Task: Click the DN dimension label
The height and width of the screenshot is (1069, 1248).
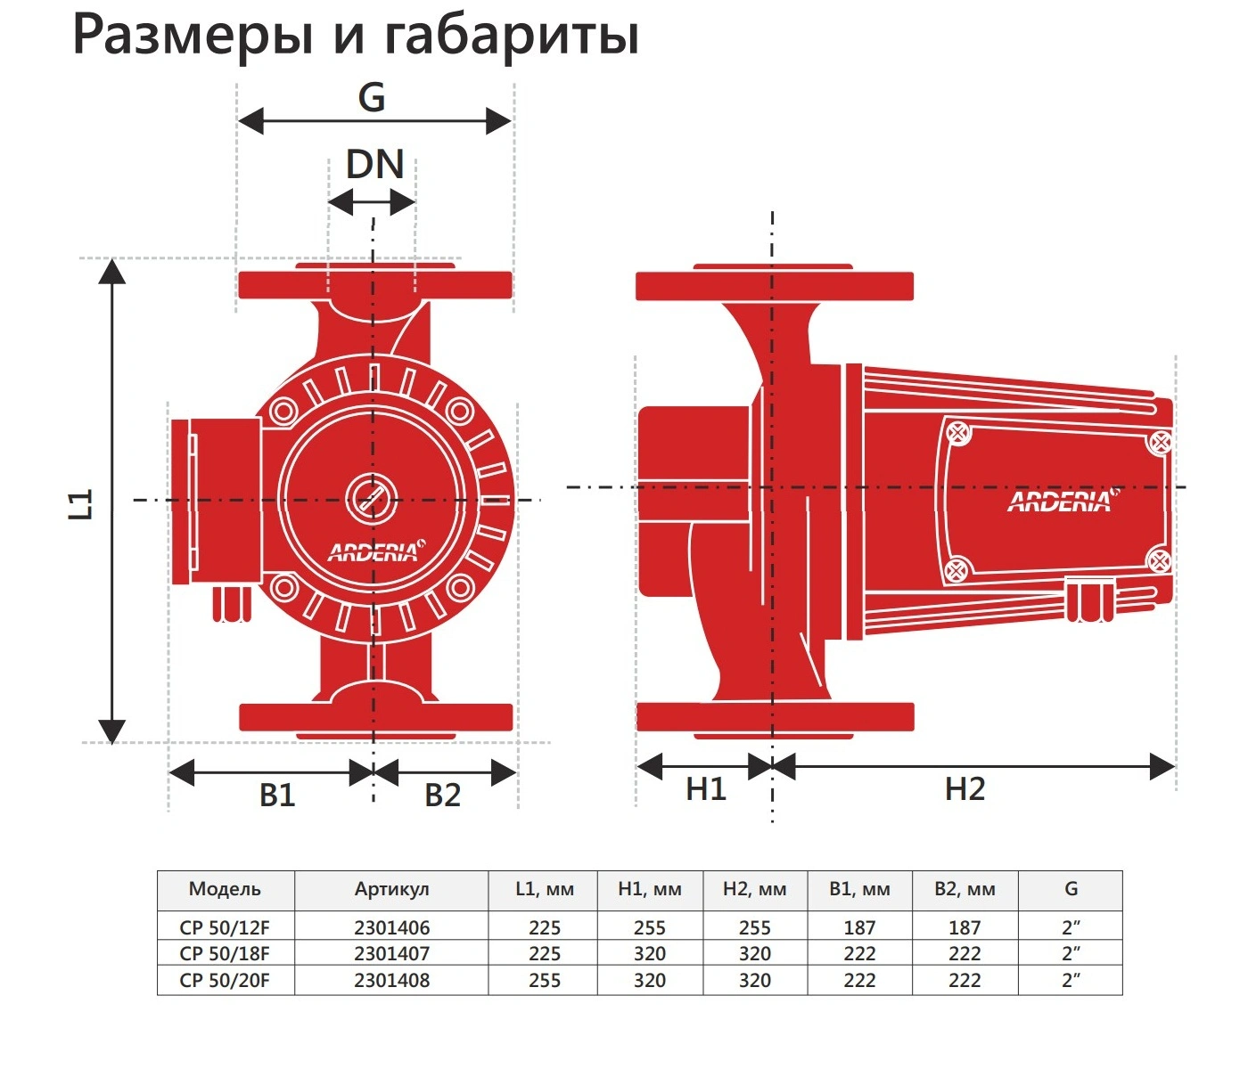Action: [x=374, y=165]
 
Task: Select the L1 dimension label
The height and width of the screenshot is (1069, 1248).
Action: [x=82, y=504]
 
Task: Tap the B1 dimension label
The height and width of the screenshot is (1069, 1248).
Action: [x=277, y=795]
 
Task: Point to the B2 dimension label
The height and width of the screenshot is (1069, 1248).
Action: [x=442, y=795]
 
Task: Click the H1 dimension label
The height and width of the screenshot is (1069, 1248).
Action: [x=706, y=789]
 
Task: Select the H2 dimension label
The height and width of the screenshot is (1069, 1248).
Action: [x=965, y=789]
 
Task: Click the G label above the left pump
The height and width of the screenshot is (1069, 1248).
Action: [x=372, y=97]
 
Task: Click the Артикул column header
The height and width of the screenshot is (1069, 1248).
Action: [x=391, y=889]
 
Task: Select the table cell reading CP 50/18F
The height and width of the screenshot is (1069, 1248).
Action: [x=225, y=953]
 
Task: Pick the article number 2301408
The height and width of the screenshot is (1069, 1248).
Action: [x=391, y=980]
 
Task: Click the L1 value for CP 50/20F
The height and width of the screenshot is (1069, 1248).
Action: [x=544, y=980]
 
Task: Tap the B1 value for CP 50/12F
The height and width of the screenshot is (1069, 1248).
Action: [x=859, y=927]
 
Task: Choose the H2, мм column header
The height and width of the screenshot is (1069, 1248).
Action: [x=754, y=889]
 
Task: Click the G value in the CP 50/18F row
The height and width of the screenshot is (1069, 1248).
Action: [x=1071, y=953]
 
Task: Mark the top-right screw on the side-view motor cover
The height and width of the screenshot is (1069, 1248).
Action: [x=1162, y=442]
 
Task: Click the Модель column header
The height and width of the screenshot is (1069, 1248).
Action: [x=225, y=889]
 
